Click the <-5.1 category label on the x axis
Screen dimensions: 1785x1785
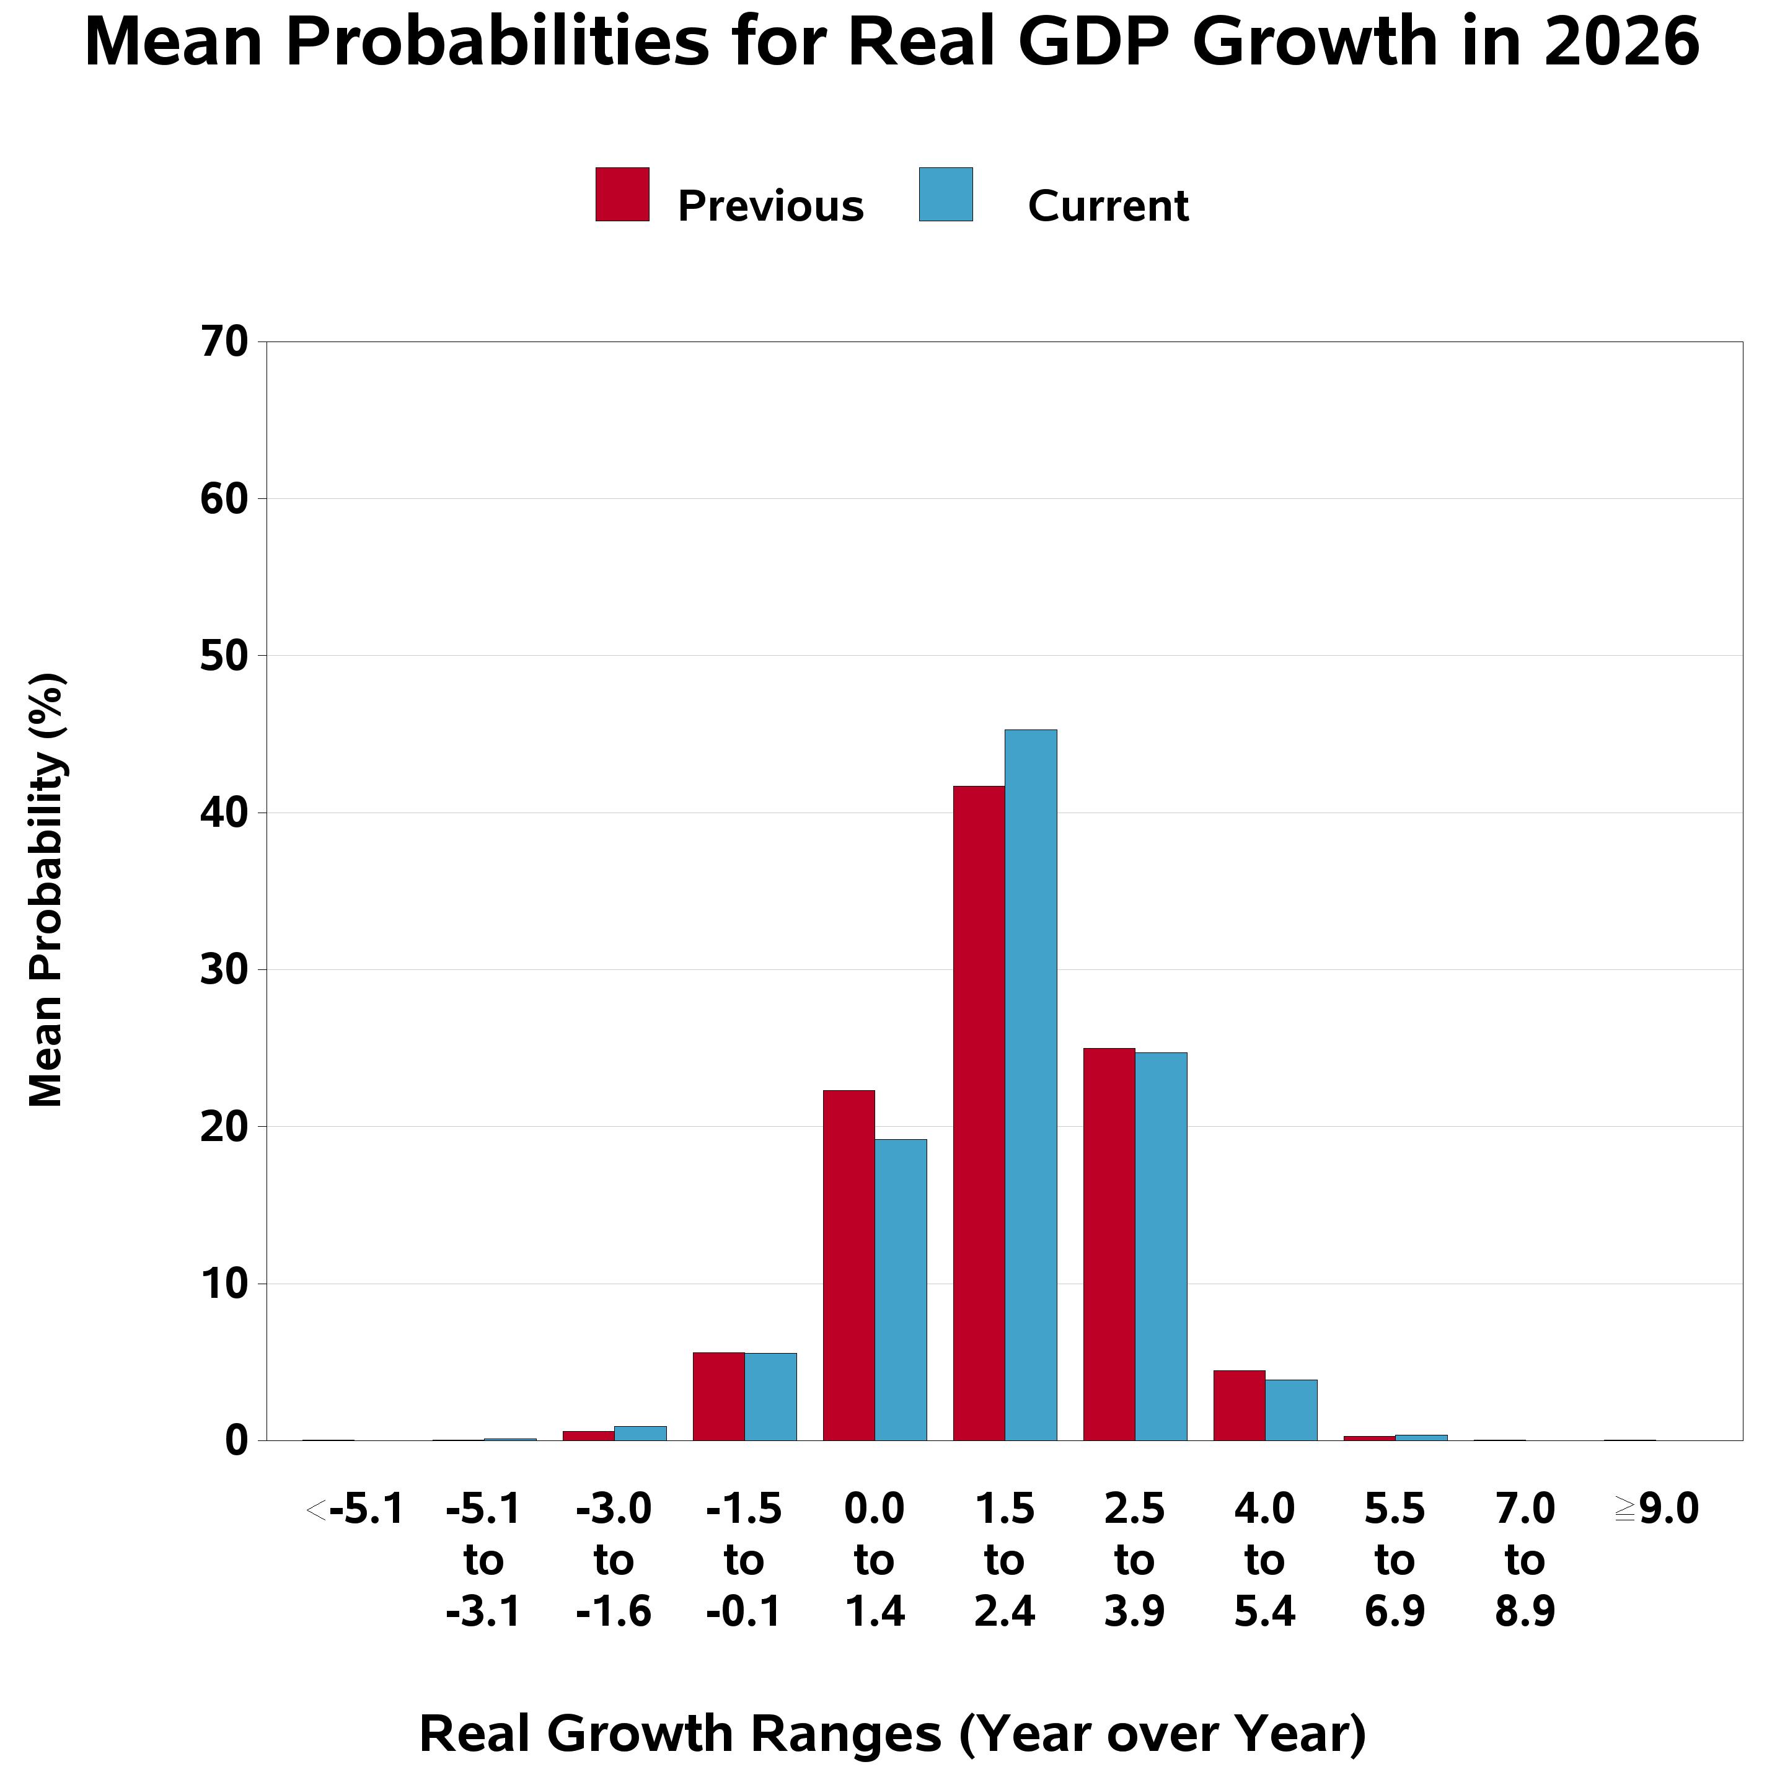(x=354, y=1510)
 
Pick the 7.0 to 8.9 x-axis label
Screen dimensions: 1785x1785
(x=1525, y=1561)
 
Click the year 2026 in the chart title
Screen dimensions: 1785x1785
(x=1621, y=43)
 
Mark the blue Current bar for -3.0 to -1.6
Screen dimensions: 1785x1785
(x=640, y=1433)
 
